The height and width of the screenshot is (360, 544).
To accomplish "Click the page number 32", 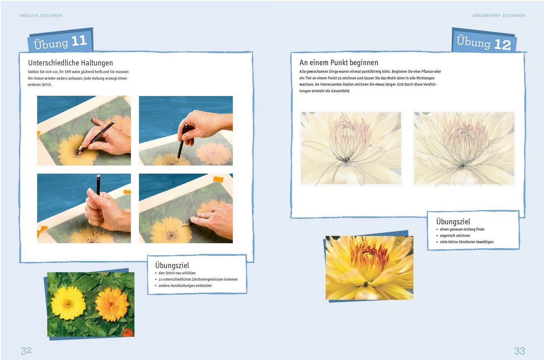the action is (26, 351).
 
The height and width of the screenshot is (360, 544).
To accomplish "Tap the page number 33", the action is (519, 351).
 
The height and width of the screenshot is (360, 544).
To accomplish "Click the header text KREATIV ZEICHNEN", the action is (41, 16).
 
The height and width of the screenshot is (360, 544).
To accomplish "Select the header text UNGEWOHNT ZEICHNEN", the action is (499, 16).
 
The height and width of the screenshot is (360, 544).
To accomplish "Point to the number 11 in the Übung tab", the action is (79, 41).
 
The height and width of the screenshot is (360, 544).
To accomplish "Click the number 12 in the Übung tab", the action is (502, 45).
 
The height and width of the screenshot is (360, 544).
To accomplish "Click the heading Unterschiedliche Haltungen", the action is (71, 63).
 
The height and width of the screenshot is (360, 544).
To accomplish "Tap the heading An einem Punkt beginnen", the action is (339, 62).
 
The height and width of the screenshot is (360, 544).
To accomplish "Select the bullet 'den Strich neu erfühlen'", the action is (177, 273).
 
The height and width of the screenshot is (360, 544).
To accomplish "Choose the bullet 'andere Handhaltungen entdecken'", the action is (185, 286).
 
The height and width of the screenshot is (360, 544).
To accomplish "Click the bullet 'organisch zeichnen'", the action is (455, 235).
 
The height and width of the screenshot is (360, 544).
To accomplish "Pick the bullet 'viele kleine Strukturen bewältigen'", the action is (466, 242).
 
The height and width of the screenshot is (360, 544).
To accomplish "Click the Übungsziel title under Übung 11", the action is (172, 265).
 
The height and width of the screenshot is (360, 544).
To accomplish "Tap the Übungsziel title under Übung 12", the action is (453, 221).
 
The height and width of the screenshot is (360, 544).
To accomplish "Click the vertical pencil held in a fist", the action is (98, 185).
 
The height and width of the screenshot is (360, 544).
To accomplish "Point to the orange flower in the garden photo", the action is (112, 304).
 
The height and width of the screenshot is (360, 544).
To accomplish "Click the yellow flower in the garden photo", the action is (68, 303).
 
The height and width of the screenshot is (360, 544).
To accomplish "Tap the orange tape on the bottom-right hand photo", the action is (218, 179).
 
